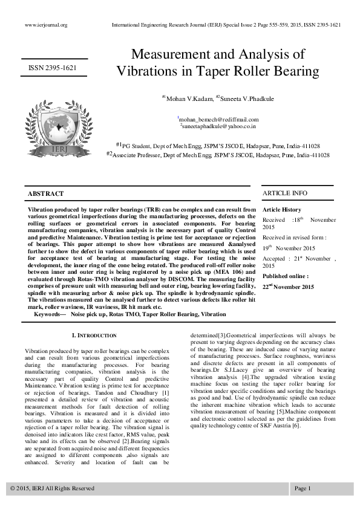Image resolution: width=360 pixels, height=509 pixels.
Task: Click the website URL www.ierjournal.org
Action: click(x=46, y=25)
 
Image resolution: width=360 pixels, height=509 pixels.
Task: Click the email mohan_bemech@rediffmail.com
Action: click(x=218, y=120)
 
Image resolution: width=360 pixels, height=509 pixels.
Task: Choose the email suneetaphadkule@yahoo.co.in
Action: click(x=219, y=126)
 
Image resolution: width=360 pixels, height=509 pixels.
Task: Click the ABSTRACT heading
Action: click(x=46, y=193)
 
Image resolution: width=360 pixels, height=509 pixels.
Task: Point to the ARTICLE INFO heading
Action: click(x=284, y=193)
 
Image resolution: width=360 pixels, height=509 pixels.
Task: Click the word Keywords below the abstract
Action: click(x=50, y=314)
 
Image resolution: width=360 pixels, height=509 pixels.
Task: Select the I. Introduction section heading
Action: click(x=94, y=335)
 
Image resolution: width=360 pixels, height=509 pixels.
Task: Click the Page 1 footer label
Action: click(x=302, y=488)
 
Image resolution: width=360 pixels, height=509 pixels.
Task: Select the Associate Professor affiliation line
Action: click(x=218, y=155)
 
